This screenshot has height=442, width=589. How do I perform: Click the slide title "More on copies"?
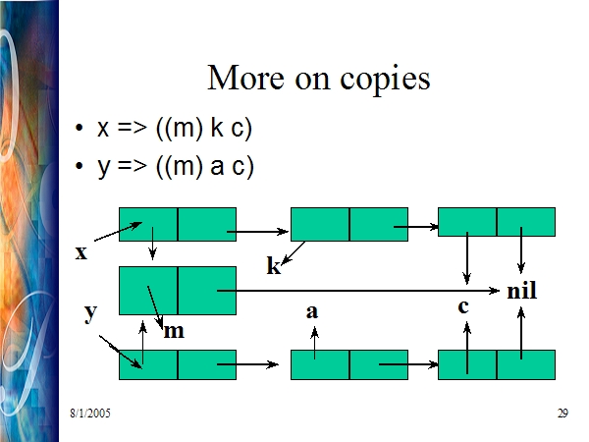[x=318, y=79]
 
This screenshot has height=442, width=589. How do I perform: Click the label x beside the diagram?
[x=81, y=252]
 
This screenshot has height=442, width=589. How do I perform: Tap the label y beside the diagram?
[x=90, y=312]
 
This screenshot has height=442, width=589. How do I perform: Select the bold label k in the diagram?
[x=274, y=265]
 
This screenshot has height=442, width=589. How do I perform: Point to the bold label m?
[x=174, y=332]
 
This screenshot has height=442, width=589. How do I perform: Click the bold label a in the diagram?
[x=312, y=311]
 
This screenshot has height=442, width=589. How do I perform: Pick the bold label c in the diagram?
[x=463, y=306]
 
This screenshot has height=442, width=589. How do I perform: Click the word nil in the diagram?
[x=522, y=290]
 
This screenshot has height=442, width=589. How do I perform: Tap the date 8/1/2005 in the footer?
[x=90, y=414]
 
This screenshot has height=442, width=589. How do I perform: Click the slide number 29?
[x=562, y=414]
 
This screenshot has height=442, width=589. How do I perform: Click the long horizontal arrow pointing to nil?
[x=358, y=291]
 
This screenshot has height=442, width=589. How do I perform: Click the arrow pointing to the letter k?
[x=293, y=253]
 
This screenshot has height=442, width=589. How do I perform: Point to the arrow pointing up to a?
[x=315, y=343]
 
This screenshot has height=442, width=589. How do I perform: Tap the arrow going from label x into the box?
[x=118, y=232]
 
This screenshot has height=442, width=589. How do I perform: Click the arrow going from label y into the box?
[x=121, y=353]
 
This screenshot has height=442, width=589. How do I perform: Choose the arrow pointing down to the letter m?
[x=155, y=307]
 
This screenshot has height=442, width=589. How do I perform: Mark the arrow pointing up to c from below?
[x=467, y=348]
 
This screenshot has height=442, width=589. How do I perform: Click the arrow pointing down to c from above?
[x=467, y=258]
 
